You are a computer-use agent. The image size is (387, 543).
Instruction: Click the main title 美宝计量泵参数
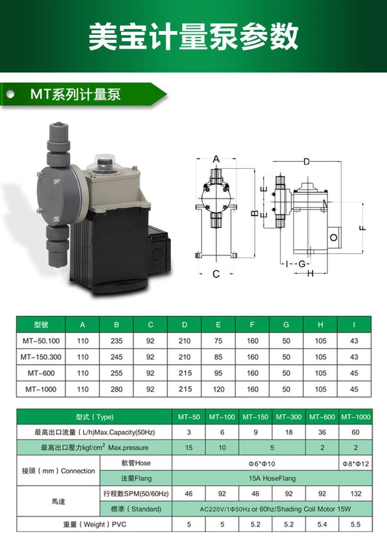193,36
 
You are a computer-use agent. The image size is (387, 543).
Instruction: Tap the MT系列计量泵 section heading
75,94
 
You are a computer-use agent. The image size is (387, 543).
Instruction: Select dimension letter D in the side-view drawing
307,162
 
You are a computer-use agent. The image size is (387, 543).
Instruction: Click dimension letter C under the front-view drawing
216,274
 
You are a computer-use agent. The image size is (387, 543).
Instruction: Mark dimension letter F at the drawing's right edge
363,228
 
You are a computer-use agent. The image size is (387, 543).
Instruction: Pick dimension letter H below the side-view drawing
311,273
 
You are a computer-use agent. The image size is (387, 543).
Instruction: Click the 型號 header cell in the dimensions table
41,325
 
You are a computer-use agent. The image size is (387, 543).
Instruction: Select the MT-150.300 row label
41,356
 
